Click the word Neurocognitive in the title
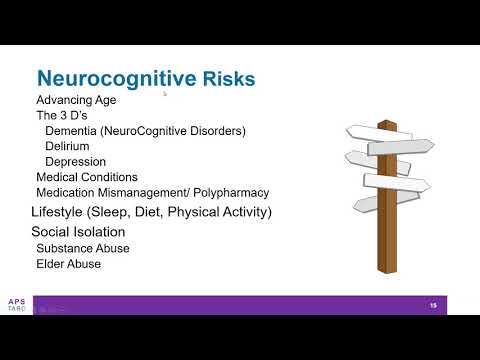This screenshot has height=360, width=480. point(109,79)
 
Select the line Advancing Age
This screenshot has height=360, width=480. point(77,100)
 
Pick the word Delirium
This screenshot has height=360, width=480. point(68,146)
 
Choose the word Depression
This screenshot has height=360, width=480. point(75,161)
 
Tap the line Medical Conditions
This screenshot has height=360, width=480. point(87,177)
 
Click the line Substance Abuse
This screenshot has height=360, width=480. point(83,248)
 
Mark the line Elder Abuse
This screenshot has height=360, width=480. point(68,264)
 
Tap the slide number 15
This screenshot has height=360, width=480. point(434,304)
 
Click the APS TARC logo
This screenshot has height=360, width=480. point(16,306)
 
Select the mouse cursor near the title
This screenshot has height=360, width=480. point(164,95)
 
